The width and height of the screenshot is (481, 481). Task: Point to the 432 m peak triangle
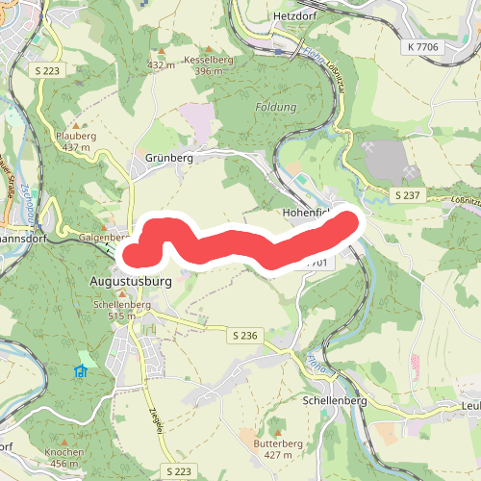161,52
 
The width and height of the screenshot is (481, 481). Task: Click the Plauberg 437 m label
76,140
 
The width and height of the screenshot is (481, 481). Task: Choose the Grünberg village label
169,157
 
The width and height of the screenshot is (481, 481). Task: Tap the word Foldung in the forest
276,107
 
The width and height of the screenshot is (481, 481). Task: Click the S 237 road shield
408,195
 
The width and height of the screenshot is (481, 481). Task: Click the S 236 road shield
245,335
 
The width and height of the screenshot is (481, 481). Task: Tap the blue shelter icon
81,371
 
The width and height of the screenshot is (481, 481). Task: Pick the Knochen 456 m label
63,456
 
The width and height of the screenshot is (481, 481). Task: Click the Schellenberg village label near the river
336,399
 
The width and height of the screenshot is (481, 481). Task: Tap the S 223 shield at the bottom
177,471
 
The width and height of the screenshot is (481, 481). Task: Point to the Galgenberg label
103,237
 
